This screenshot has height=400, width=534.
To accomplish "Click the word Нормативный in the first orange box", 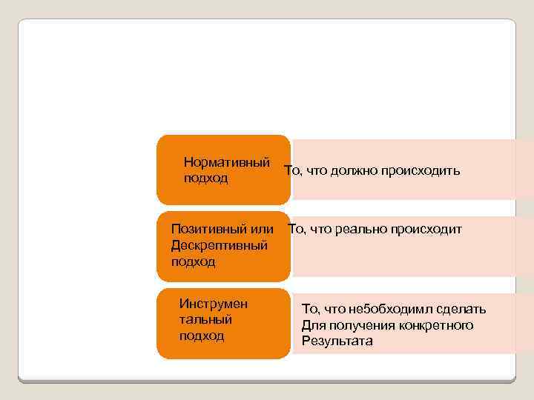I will point(226,162).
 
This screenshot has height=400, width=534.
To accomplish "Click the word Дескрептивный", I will point(219,245).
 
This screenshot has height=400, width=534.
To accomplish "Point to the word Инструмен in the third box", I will point(214,303).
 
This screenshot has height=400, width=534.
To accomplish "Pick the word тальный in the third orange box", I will point(205,319).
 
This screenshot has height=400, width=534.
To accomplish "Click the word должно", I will point(352,171).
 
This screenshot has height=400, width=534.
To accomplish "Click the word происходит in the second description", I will point(429,230).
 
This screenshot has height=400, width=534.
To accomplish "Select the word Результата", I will point(337,341).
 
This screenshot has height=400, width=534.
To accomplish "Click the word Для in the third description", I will point(312,325).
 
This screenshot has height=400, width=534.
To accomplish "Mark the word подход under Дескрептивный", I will point(193,261).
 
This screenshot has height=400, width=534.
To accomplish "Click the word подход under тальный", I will point(201,336).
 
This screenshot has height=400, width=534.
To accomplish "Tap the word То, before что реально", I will point(297,230).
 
